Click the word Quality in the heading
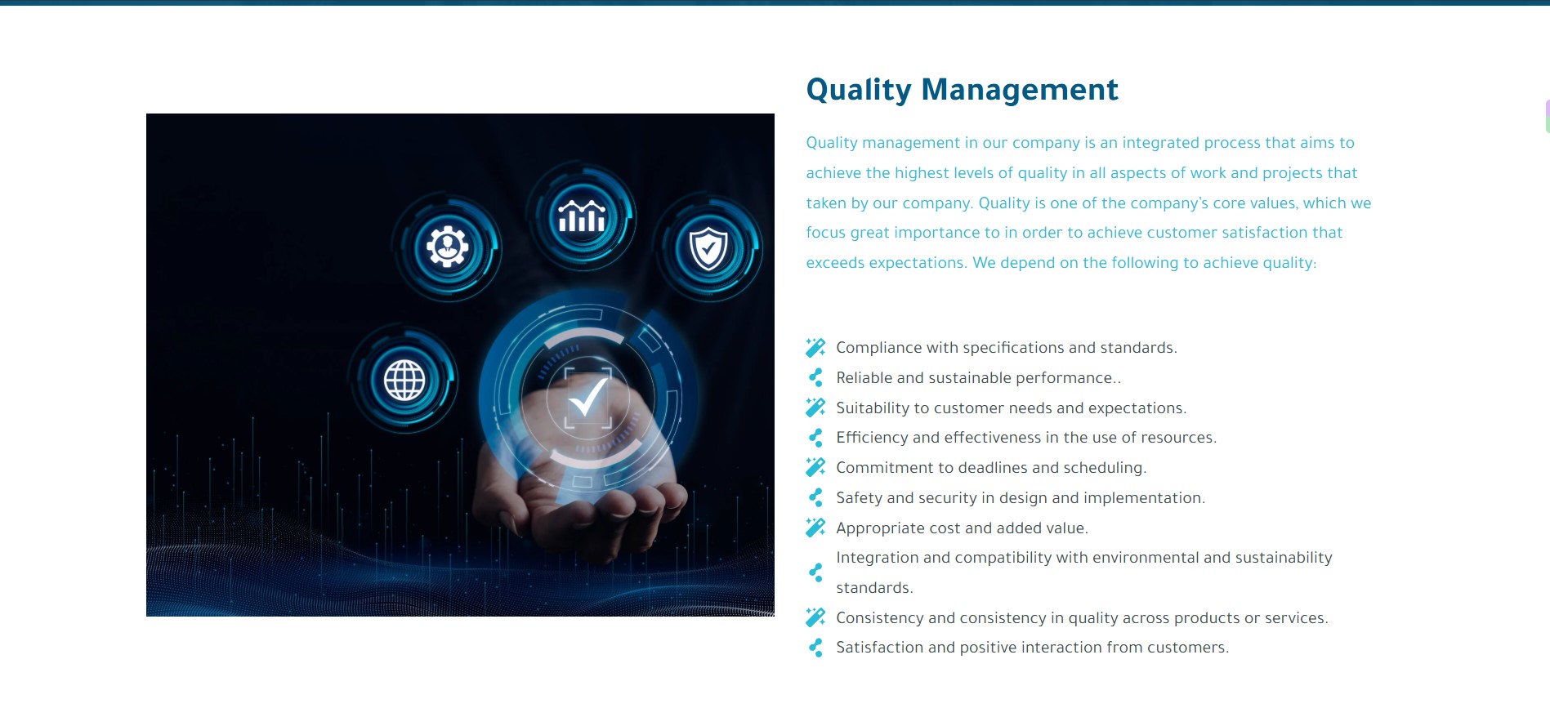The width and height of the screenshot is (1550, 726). [858, 90]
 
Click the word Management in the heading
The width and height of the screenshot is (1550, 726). [1020, 89]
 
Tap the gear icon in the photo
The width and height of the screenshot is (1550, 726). [447, 247]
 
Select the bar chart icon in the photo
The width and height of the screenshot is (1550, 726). [582, 216]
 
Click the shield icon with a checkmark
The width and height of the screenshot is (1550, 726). [708, 248]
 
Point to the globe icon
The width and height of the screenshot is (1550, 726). [404, 380]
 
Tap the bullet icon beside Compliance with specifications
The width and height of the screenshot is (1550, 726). [815, 348]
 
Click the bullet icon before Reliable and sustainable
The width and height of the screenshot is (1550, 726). [815, 377]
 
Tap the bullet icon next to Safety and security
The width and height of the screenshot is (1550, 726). [815, 497]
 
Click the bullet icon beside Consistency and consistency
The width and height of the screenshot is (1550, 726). [815, 617]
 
